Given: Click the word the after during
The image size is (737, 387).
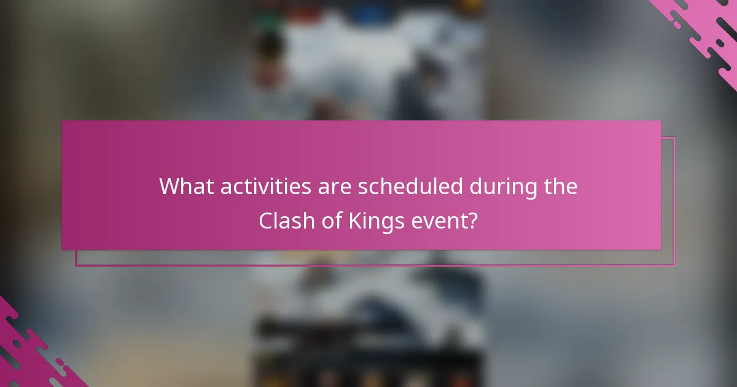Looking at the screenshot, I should (560, 186).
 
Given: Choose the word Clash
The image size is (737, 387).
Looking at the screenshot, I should (282, 220).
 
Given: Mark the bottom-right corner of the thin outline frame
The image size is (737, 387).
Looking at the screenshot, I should (674, 265).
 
